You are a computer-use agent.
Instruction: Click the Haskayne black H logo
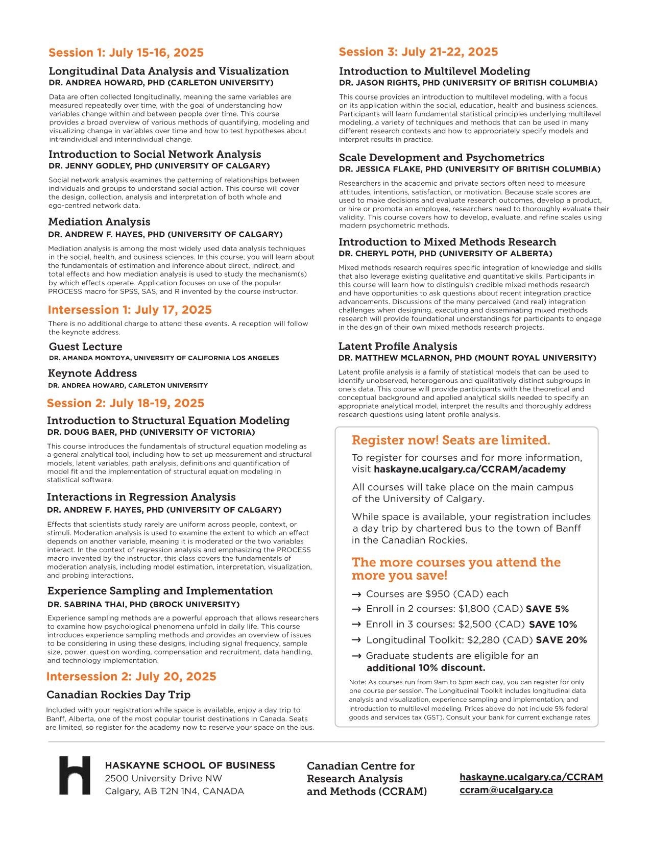[x=75, y=775]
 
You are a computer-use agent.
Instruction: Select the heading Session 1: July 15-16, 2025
[x=126, y=53]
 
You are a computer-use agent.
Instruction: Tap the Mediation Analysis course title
[x=99, y=221]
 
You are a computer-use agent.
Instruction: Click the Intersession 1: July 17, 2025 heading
[x=130, y=310]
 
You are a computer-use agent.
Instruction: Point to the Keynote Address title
[x=92, y=373]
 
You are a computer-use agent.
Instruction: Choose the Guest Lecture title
[x=85, y=346]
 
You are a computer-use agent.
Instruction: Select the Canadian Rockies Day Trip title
[x=118, y=695]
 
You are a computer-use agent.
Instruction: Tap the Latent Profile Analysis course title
[x=398, y=346]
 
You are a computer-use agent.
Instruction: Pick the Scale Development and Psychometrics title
[x=442, y=158]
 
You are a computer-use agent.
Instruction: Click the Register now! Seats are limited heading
[x=451, y=440]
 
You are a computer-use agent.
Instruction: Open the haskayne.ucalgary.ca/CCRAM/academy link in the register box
[x=470, y=469]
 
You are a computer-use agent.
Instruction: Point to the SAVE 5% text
[x=547, y=609]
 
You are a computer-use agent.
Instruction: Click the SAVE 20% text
[x=561, y=640]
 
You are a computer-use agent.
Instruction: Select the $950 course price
[x=437, y=594]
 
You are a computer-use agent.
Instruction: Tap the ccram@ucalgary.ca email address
[x=506, y=789]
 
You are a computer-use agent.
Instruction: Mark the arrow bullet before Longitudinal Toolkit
[x=357, y=640]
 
